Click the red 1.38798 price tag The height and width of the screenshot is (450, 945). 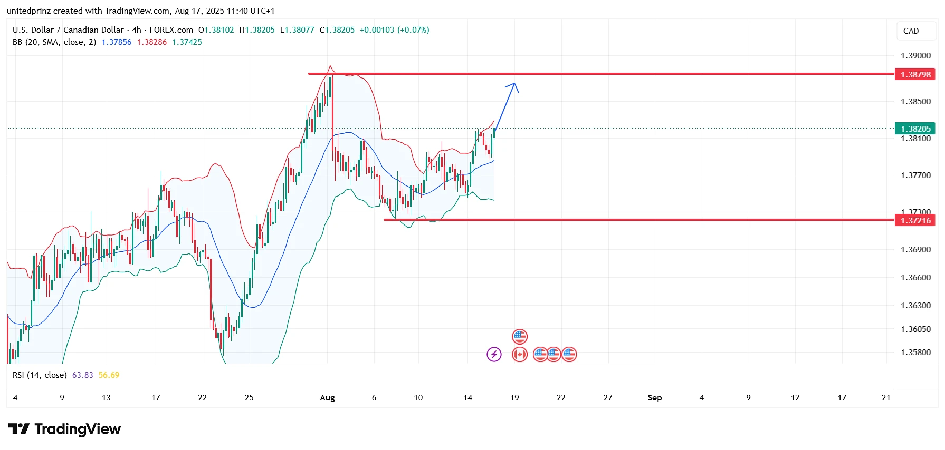click(915, 74)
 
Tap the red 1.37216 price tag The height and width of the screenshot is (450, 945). click(915, 220)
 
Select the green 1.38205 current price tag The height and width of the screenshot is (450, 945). click(915, 129)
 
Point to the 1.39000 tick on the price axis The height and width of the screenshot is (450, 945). click(915, 56)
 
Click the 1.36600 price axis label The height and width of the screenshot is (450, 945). click(915, 278)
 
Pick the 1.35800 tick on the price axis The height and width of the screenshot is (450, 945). click(915, 353)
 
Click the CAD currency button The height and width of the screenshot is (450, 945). click(911, 31)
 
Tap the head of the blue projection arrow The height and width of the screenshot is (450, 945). click(514, 85)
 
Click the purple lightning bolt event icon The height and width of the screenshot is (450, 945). click(494, 354)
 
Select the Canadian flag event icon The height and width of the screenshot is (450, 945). click(520, 354)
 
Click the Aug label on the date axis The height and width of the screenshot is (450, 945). click(327, 398)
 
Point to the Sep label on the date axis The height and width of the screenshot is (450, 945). click(654, 398)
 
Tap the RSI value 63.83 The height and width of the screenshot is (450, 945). click(82, 375)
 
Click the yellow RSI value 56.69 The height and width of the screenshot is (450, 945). click(109, 375)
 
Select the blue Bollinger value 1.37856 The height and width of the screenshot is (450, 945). click(116, 42)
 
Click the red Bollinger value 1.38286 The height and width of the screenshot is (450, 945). click(151, 42)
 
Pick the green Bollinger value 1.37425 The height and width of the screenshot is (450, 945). click(187, 42)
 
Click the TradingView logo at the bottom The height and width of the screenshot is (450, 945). click(64, 429)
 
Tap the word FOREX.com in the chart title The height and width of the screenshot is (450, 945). click(171, 30)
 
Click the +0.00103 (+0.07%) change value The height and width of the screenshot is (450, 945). click(394, 30)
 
